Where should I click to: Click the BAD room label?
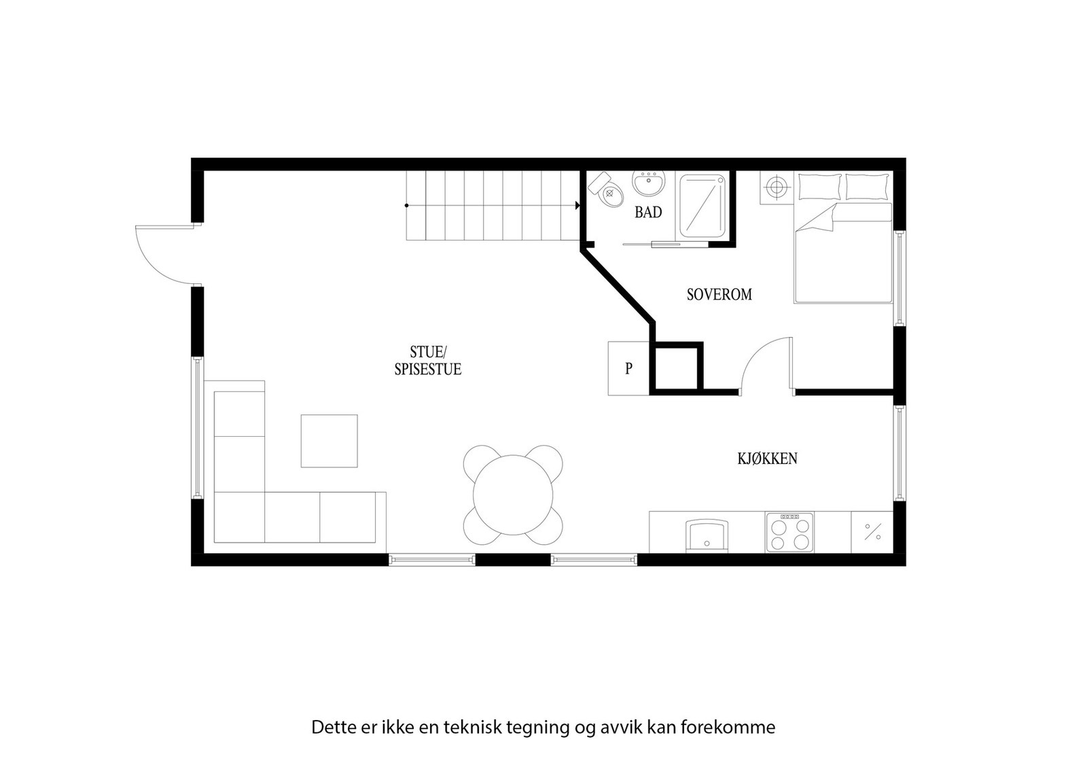coord(648,213)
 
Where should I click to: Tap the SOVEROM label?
coord(719,295)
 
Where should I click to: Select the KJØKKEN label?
coord(767,459)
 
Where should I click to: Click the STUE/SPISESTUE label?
coord(427,361)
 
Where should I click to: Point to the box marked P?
coord(629,368)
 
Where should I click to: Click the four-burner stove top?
coord(789,532)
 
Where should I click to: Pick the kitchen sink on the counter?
coord(707,535)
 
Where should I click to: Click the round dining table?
coord(514,493)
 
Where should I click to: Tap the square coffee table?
coord(329,441)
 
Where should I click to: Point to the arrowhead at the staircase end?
coord(577,205)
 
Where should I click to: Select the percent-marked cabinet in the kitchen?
coord(872,531)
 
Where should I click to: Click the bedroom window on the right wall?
coord(899,279)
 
